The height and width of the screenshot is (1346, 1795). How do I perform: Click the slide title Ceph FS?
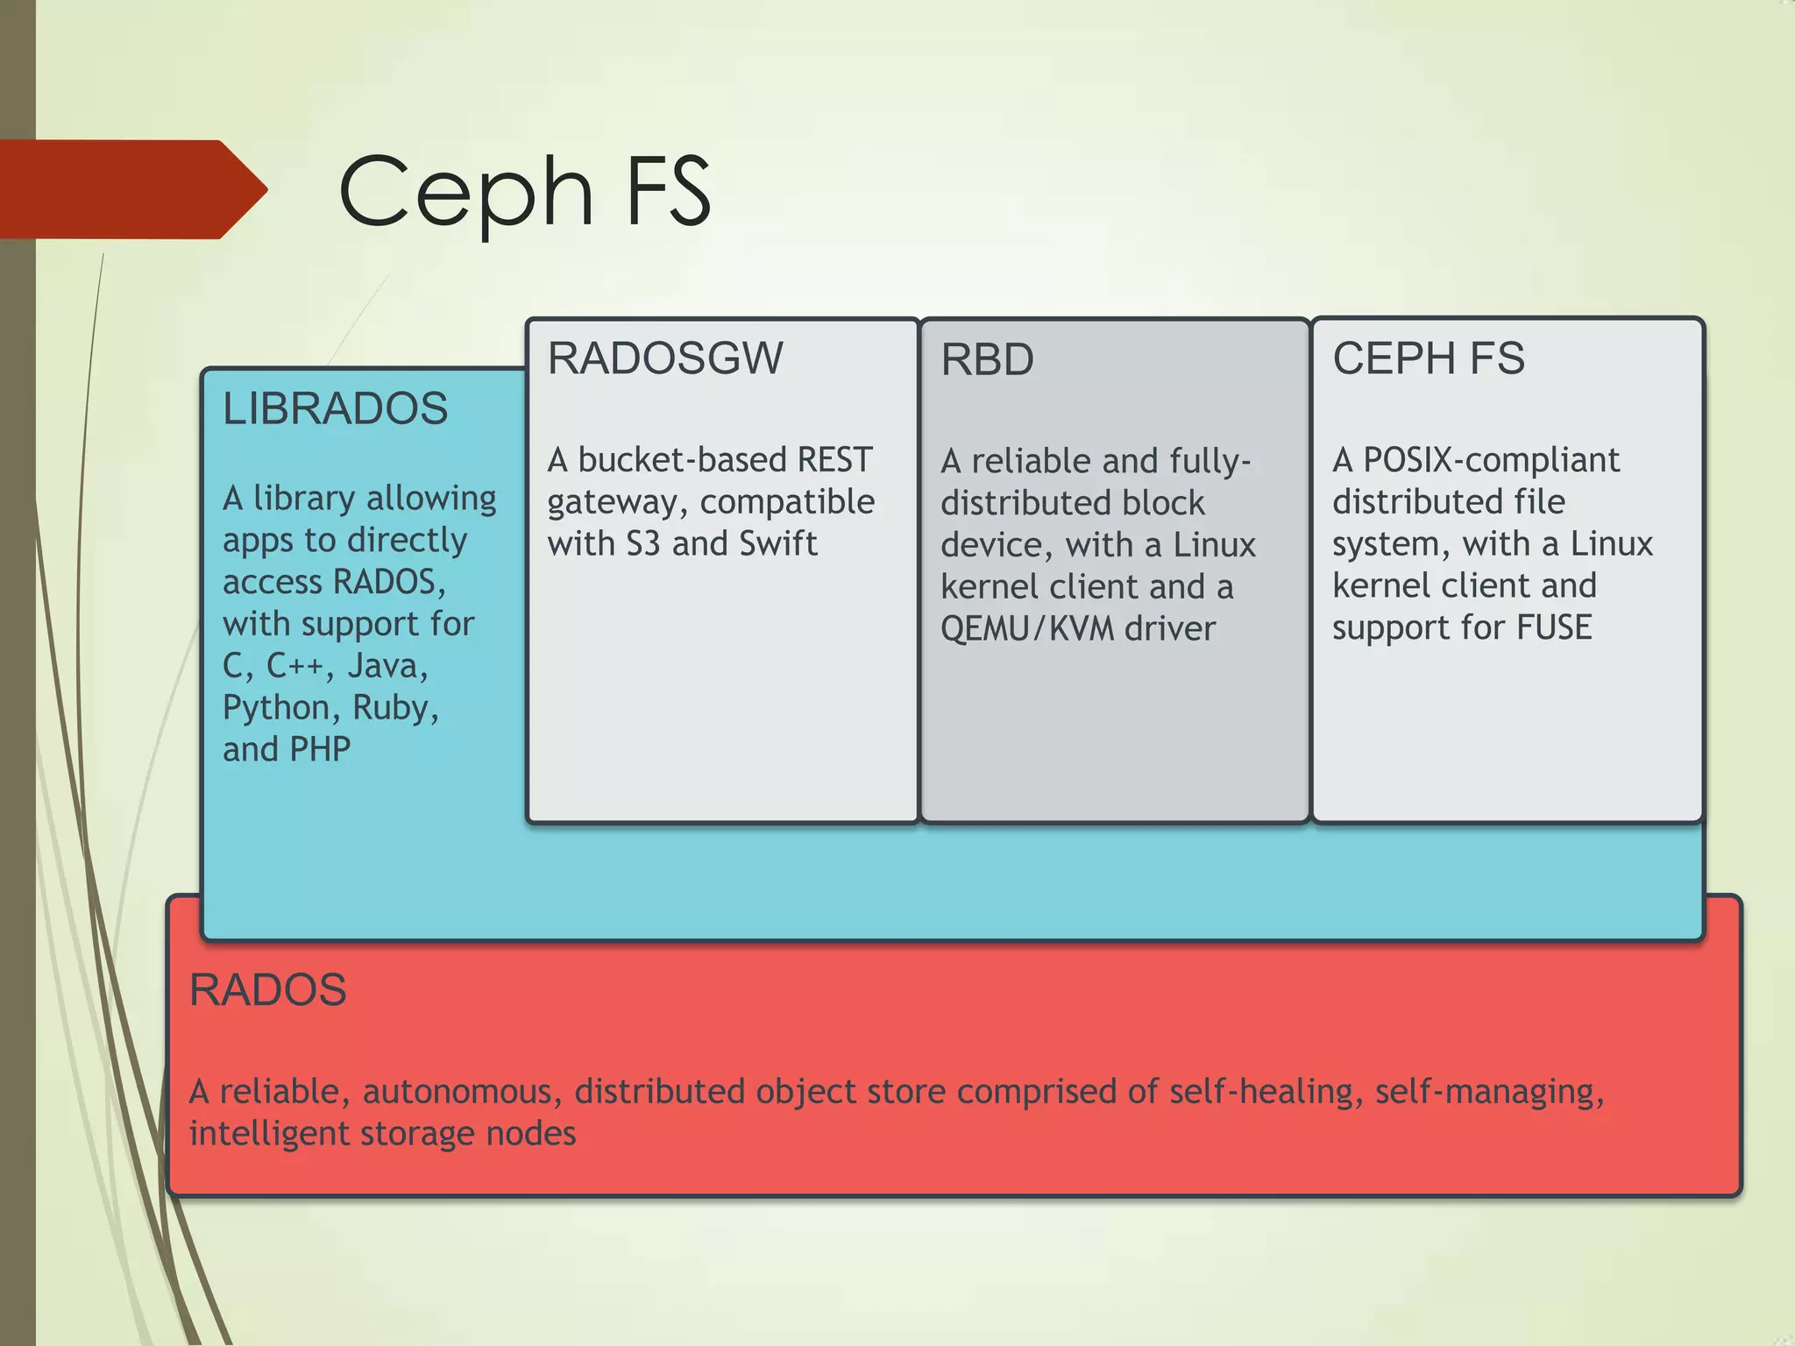click(x=524, y=191)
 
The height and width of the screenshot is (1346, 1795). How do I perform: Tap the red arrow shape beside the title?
click(x=131, y=189)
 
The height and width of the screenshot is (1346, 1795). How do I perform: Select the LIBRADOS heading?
click(x=335, y=408)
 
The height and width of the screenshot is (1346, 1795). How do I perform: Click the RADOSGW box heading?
click(x=664, y=358)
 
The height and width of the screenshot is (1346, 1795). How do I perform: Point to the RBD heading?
click(x=987, y=359)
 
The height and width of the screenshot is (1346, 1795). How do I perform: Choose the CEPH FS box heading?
click(x=1428, y=358)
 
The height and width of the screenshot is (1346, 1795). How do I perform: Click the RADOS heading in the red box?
click(x=267, y=990)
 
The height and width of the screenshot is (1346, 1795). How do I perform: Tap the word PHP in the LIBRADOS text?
click(x=320, y=749)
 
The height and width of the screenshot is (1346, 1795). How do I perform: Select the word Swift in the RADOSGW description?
click(x=777, y=543)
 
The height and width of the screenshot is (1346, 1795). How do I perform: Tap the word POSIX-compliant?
click(x=1491, y=460)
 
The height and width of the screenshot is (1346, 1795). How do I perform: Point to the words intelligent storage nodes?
click(x=382, y=1134)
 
